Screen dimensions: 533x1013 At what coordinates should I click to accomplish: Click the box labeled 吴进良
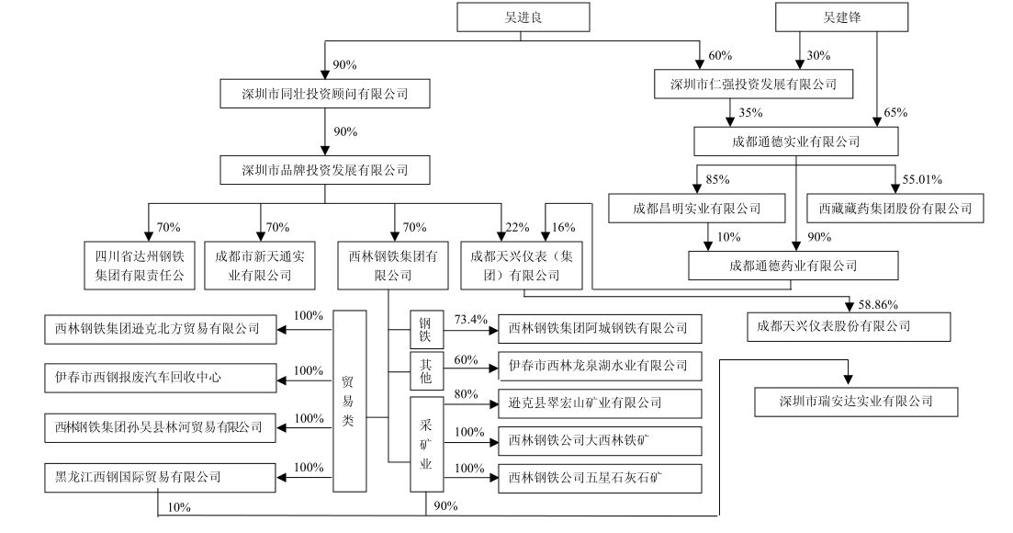tap(520, 17)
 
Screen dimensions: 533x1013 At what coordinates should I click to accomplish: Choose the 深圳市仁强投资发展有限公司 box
tap(754, 85)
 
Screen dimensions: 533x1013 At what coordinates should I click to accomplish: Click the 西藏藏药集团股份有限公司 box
tap(895, 208)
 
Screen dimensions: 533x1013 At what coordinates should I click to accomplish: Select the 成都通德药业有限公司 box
tap(793, 266)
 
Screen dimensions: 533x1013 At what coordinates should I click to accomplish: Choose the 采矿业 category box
tap(425, 445)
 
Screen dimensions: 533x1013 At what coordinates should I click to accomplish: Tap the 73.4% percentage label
tap(471, 319)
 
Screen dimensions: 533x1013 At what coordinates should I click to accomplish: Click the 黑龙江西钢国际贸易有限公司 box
tap(160, 478)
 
